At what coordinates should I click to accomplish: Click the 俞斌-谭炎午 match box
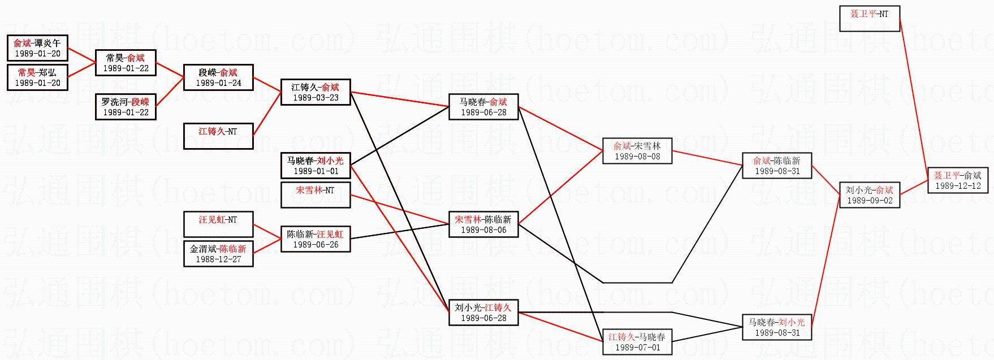point(37,48)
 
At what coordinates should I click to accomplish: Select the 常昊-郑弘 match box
point(37,77)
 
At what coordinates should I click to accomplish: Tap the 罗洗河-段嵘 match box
point(126,107)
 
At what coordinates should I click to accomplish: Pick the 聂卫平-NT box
point(869,19)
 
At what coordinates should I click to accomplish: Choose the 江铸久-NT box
point(218,136)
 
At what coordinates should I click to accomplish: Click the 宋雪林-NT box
point(316,195)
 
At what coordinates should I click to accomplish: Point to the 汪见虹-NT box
point(218,224)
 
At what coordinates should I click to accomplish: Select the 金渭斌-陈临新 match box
point(218,254)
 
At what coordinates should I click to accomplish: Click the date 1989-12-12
point(958,186)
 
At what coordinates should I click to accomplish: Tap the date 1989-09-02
point(870,201)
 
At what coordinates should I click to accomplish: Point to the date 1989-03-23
point(316,98)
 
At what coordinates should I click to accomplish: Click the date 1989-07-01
point(637,348)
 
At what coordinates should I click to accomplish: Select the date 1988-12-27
point(218,259)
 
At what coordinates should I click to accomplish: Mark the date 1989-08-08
point(637,157)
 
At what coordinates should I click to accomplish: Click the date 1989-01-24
point(218,83)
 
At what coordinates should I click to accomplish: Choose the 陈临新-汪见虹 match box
point(316,239)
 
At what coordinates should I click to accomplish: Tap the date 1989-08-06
point(483,230)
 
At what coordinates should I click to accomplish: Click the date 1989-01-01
point(316,171)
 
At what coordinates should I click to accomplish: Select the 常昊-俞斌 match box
point(126,63)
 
